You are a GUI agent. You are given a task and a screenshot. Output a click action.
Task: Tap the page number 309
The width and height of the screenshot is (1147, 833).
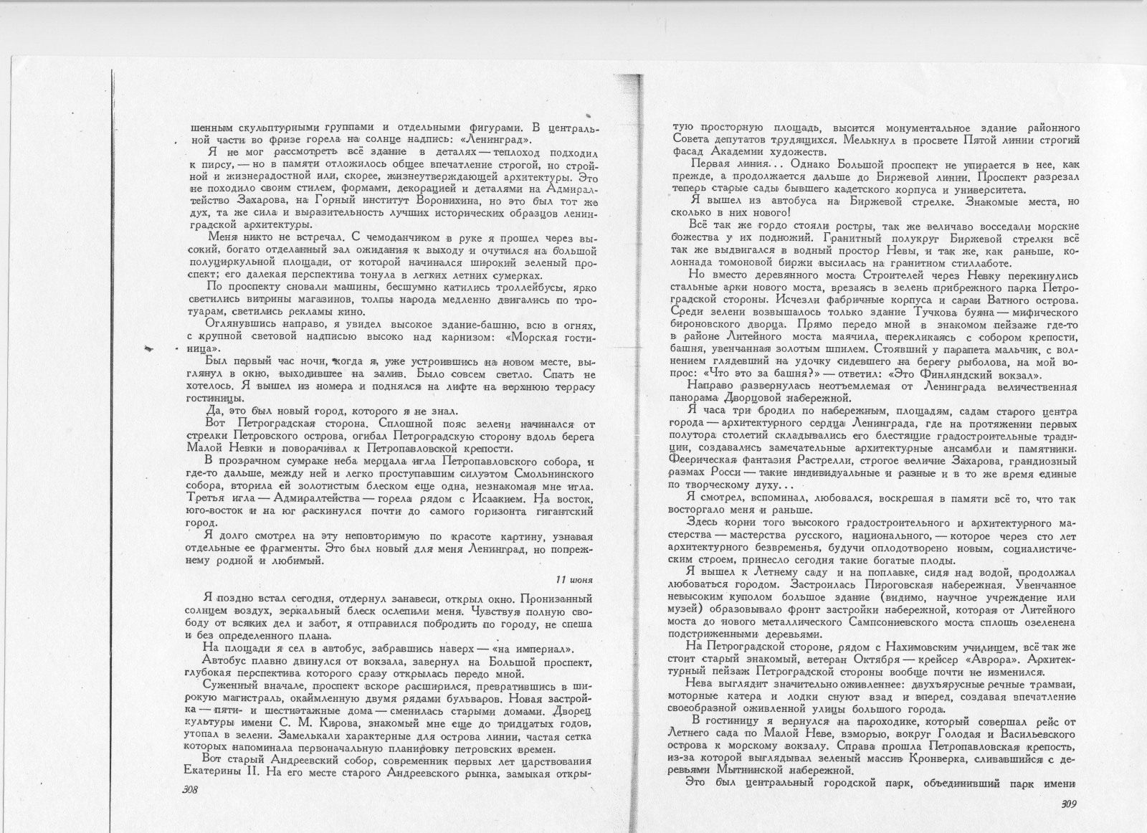pyautogui.click(x=1069, y=804)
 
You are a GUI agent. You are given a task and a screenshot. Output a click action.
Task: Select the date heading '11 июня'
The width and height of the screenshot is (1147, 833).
pyautogui.click(x=576, y=579)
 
